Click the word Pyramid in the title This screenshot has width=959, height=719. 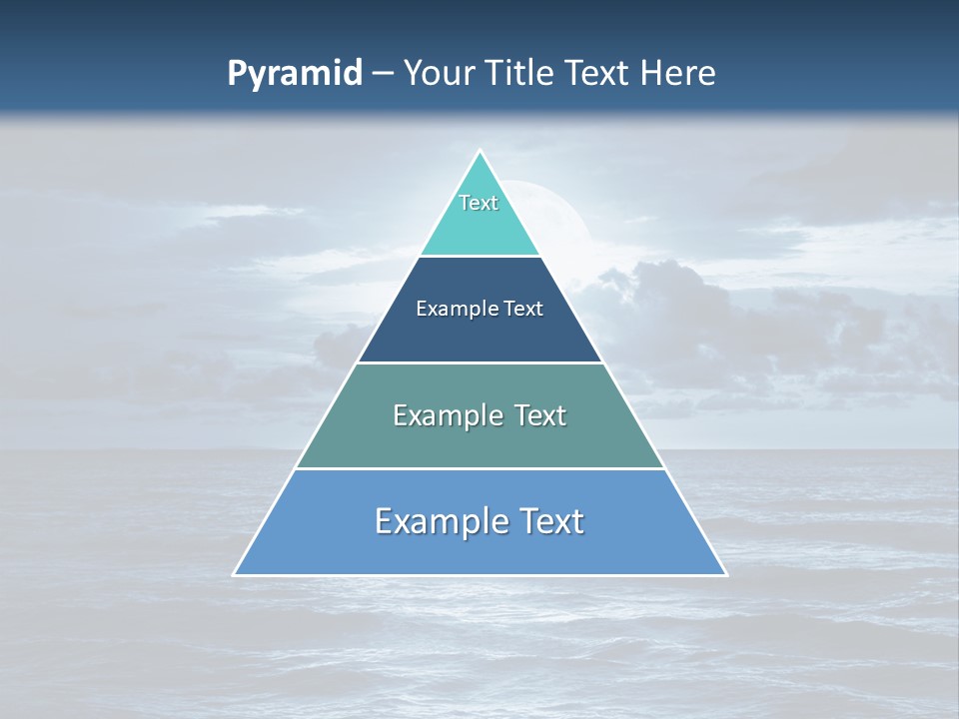(x=295, y=74)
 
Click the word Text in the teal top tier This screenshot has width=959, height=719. (x=479, y=203)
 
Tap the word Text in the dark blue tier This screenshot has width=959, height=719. (x=523, y=309)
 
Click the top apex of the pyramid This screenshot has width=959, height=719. (x=479, y=152)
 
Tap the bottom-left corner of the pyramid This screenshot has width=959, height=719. (x=235, y=574)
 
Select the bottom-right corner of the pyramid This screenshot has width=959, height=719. (x=725, y=574)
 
